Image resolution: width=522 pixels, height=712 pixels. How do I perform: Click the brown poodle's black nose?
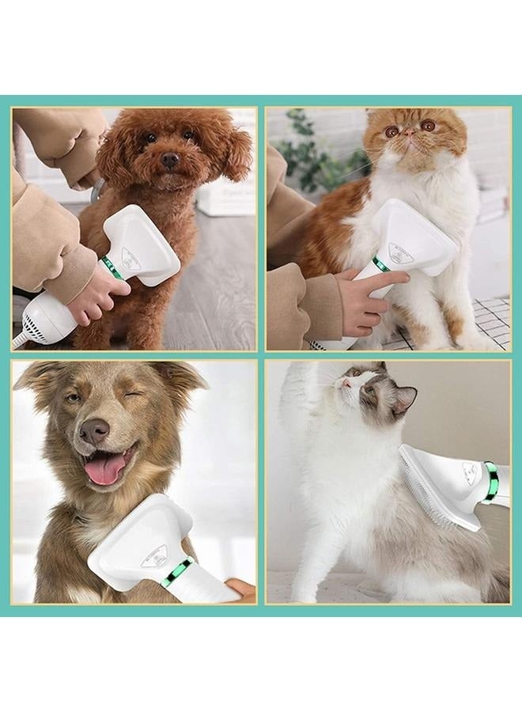point(169,160)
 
